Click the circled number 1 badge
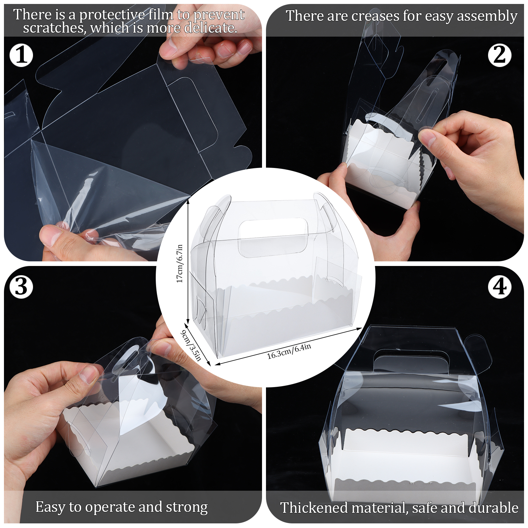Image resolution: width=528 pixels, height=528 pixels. click(21, 55)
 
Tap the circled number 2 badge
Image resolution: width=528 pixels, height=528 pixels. click(500, 55)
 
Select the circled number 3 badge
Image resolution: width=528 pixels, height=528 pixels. click(21, 286)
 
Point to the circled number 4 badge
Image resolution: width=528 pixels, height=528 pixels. click(500, 286)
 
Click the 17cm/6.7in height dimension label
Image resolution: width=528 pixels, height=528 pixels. click(180, 263)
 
